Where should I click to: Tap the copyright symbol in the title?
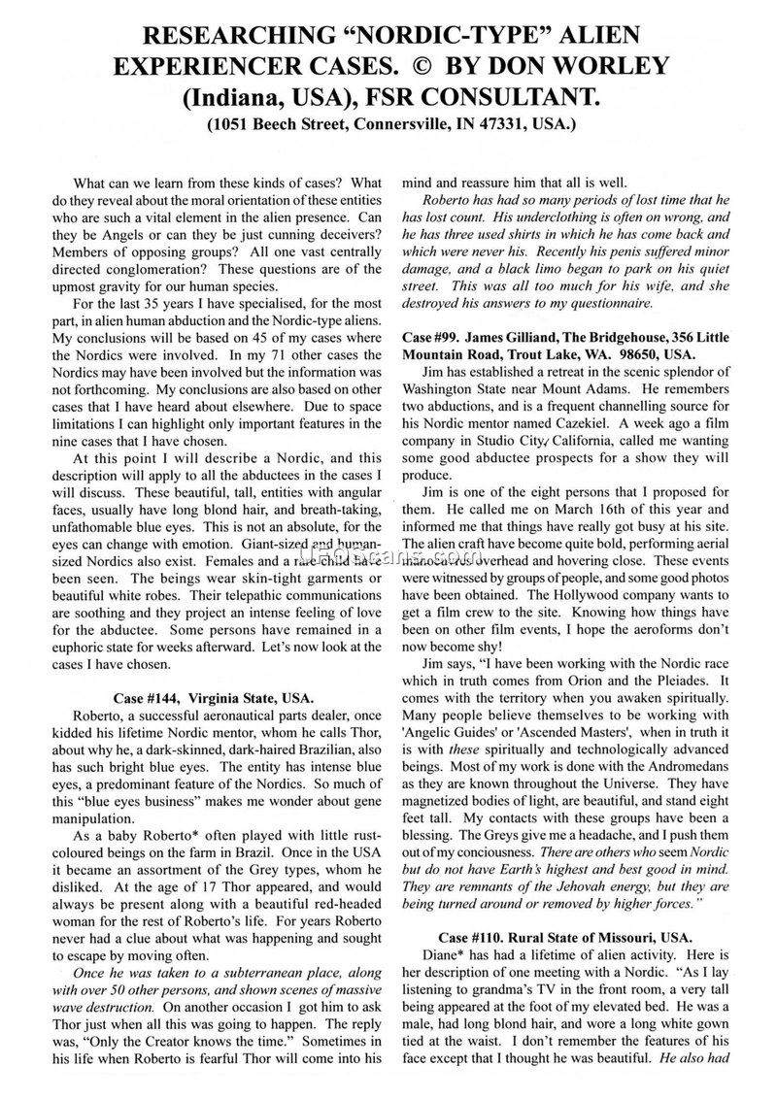(457, 67)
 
